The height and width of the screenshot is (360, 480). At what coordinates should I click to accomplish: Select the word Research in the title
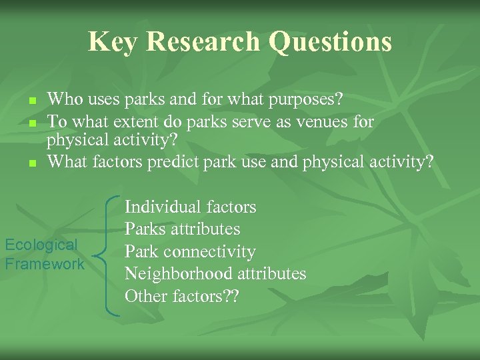[203, 41]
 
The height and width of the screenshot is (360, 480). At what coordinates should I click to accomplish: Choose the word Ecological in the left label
[41, 245]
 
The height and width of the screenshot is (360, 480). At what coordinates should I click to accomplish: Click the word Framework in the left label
[45, 264]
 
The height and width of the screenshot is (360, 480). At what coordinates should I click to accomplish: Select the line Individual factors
[190, 207]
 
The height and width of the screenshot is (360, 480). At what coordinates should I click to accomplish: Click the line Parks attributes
[182, 229]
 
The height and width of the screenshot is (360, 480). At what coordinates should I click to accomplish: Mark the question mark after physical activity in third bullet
[429, 161]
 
